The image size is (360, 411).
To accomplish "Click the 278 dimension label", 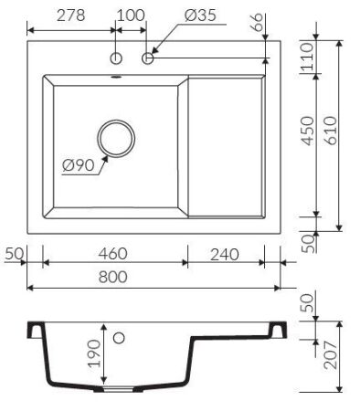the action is pyautogui.click(x=70, y=16).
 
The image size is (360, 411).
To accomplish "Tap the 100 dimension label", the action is pyautogui.click(x=131, y=16).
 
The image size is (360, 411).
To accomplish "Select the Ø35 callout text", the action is pyautogui.click(x=200, y=16).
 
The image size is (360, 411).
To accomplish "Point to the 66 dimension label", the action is pyautogui.click(x=258, y=22).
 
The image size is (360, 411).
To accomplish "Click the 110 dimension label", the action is pyautogui.click(x=307, y=57).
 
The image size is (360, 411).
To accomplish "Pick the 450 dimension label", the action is pyautogui.click(x=307, y=131).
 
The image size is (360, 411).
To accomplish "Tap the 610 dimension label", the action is pyautogui.click(x=331, y=131).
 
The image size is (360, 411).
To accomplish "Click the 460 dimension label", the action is pyautogui.click(x=112, y=254).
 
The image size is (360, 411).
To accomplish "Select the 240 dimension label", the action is pyautogui.click(x=225, y=255).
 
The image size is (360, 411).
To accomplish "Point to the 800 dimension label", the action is pyautogui.click(x=113, y=277).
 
